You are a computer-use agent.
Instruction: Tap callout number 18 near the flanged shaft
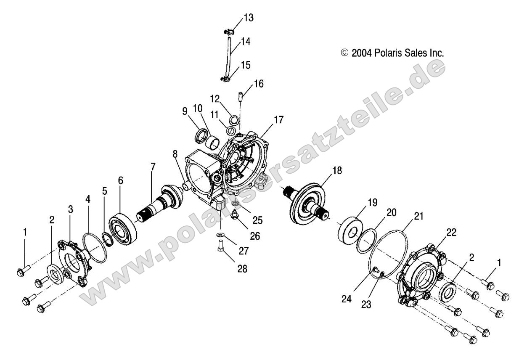click(x=337, y=171)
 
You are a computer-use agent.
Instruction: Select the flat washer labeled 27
click(x=221, y=235)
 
